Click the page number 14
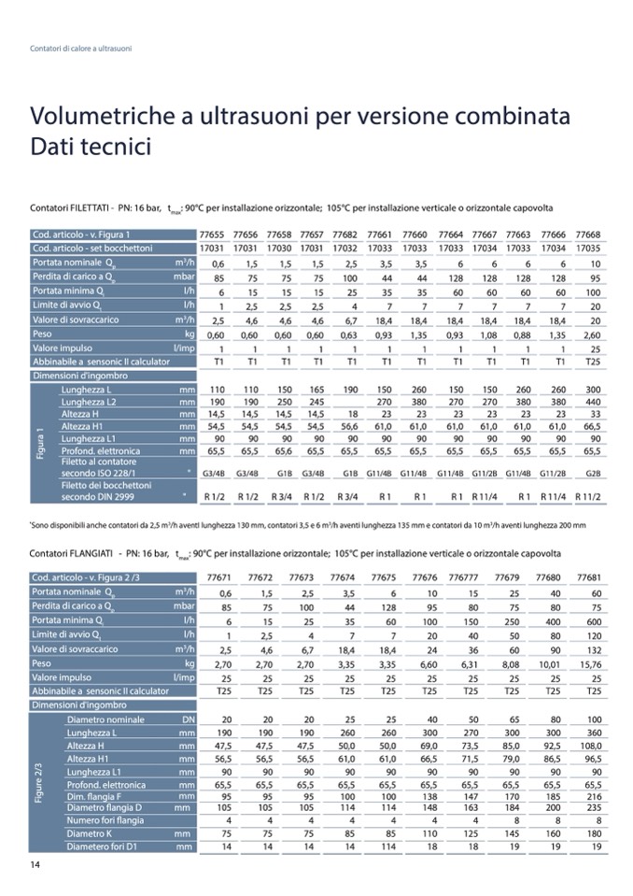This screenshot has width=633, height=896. coord(35,864)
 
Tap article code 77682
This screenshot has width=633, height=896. coord(351,234)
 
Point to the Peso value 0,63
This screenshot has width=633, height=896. coord(351,333)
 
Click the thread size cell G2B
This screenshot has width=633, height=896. coord(592,474)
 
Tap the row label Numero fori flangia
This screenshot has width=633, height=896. coord(105,820)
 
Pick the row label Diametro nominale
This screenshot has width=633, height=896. coord(105,720)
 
